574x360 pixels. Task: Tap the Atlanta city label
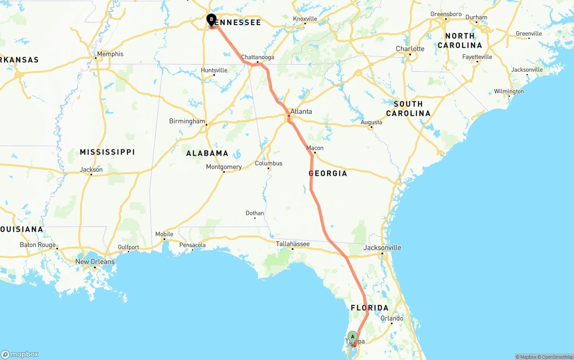[301, 112]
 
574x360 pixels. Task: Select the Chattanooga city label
[257, 57]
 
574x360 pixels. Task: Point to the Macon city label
[315, 148]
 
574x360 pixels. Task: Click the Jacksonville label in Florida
[383, 247]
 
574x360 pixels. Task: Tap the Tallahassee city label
[292, 244]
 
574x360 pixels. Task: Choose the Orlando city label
[392, 319]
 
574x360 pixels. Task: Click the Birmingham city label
[187, 121]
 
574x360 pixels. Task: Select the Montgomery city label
[224, 167]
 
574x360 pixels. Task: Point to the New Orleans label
[95, 262]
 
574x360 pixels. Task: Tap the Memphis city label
[110, 54]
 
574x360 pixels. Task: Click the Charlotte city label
[410, 49]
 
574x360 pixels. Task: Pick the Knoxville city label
[305, 19]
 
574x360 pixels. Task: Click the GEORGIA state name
[328, 173]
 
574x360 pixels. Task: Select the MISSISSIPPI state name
[107, 152]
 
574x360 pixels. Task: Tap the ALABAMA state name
[207, 153]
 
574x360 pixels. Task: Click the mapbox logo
[20, 354]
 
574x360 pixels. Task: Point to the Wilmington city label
[509, 91]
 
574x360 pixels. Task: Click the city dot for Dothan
[255, 218]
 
